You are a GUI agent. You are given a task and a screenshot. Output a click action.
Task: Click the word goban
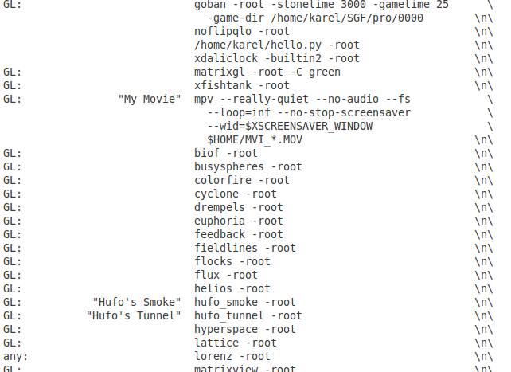coord(210,4)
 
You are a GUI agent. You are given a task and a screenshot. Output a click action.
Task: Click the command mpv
coord(204,99)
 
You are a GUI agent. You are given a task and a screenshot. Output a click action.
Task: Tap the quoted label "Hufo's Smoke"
coord(137,302)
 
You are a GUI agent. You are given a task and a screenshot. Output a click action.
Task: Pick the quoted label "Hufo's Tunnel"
coord(134,315)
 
